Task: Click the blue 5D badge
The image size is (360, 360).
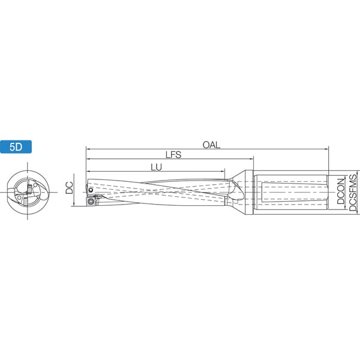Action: point(16,147)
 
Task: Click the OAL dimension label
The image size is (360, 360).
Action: point(211,145)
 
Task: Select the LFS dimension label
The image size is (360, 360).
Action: point(173,155)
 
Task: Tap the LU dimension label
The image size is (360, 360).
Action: point(157,167)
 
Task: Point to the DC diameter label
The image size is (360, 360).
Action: point(69,188)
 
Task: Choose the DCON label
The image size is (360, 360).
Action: point(341,191)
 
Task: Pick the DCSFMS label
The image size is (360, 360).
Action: point(353,193)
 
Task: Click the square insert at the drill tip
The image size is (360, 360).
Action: point(91,201)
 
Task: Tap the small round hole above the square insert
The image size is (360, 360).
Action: point(91,190)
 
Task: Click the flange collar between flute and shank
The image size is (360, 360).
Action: point(249,193)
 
